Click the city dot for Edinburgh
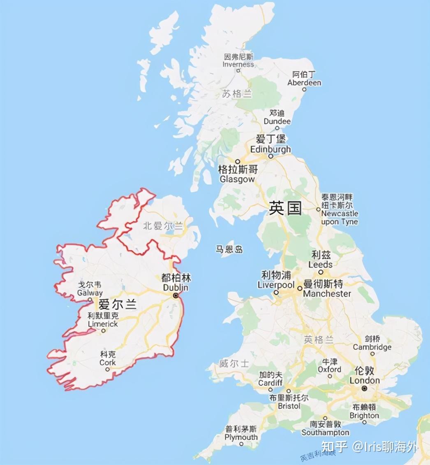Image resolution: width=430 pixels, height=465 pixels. point(270,156)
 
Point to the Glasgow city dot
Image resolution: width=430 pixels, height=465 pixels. point(238,161)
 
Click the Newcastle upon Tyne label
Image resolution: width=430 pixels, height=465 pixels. point(340,218)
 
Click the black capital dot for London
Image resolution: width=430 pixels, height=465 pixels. point(364,388)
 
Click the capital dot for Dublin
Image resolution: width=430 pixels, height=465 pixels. point(176,295)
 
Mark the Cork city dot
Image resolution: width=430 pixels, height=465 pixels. point(108,369)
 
